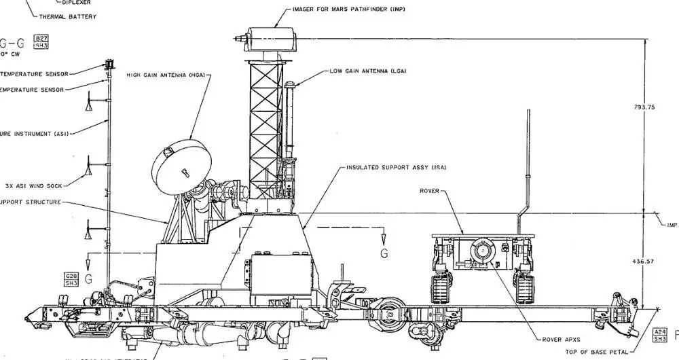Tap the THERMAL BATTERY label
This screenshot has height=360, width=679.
[x=68, y=16]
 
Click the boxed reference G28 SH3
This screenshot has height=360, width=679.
[x=71, y=278]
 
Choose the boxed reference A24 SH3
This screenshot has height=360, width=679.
[x=659, y=334]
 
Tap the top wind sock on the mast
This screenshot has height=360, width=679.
[x=89, y=105]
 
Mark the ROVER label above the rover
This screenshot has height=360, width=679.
[x=428, y=191]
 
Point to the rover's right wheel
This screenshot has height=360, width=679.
[x=524, y=287]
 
